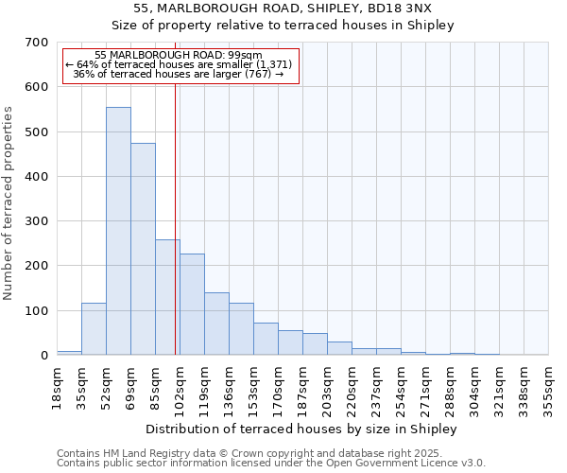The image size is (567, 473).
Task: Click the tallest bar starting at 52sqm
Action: tap(118, 231)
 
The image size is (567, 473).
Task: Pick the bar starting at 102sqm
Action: tap(192, 305)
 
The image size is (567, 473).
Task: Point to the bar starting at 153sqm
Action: tap(266, 339)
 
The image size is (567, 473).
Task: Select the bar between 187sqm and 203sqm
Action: tap(315, 344)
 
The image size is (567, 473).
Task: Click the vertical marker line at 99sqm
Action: tap(176, 218)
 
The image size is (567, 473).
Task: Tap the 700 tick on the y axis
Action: tap(37, 43)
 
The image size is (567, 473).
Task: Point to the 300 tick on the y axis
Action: tap(37, 221)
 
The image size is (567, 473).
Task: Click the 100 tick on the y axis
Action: tap(37, 310)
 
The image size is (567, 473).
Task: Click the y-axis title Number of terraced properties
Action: tap(9, 203)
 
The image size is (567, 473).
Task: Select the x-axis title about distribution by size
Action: tap(301, 429)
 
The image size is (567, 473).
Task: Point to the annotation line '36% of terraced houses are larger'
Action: tap(179, 74)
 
